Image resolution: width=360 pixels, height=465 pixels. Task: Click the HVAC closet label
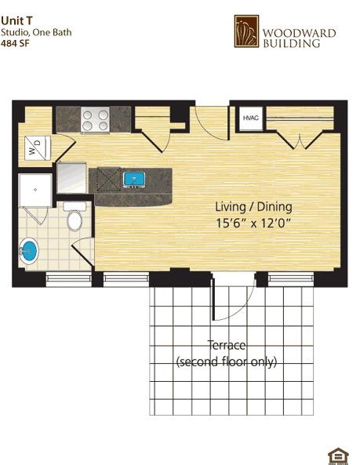click(250, 118)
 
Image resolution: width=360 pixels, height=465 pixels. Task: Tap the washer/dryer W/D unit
click(38, 148)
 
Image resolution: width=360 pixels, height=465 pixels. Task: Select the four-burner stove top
click(95, 120)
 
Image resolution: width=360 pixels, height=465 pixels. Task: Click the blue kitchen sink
click(134, 180)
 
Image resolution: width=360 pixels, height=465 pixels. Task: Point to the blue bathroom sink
click(29, 251)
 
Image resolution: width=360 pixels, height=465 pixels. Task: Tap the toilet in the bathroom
click(75, 216)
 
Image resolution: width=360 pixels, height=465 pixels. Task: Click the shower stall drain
click(35, 190)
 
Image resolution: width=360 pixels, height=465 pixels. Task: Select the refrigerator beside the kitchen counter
click(71, 178)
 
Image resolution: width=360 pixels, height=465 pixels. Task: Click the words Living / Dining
click(253, 207)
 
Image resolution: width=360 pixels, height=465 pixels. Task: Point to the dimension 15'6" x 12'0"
click(253, 223)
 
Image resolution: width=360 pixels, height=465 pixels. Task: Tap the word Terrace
click(227, 345)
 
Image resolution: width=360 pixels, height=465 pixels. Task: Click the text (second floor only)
click(227, 361)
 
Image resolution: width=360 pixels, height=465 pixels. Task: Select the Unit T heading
click(16, 20)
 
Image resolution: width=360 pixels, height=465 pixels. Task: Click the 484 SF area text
click(15, 43)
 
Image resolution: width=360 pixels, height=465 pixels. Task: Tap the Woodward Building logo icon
click(246, 31)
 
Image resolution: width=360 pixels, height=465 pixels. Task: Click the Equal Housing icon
click(338, 456)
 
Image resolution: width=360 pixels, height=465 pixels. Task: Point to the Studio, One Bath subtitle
click(36, 32)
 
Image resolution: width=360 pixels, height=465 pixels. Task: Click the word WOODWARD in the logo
click(300, 33)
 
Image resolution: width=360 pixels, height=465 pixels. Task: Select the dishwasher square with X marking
click(109, 178)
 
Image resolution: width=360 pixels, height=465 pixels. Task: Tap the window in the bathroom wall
click(69, 279)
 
